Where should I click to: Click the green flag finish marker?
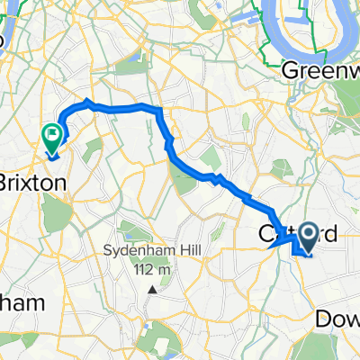(51, 136)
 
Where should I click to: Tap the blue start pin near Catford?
(306, 236)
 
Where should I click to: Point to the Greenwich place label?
(320, 69)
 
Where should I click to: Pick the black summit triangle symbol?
(153, 290)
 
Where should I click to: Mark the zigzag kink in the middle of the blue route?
(216, 177)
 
